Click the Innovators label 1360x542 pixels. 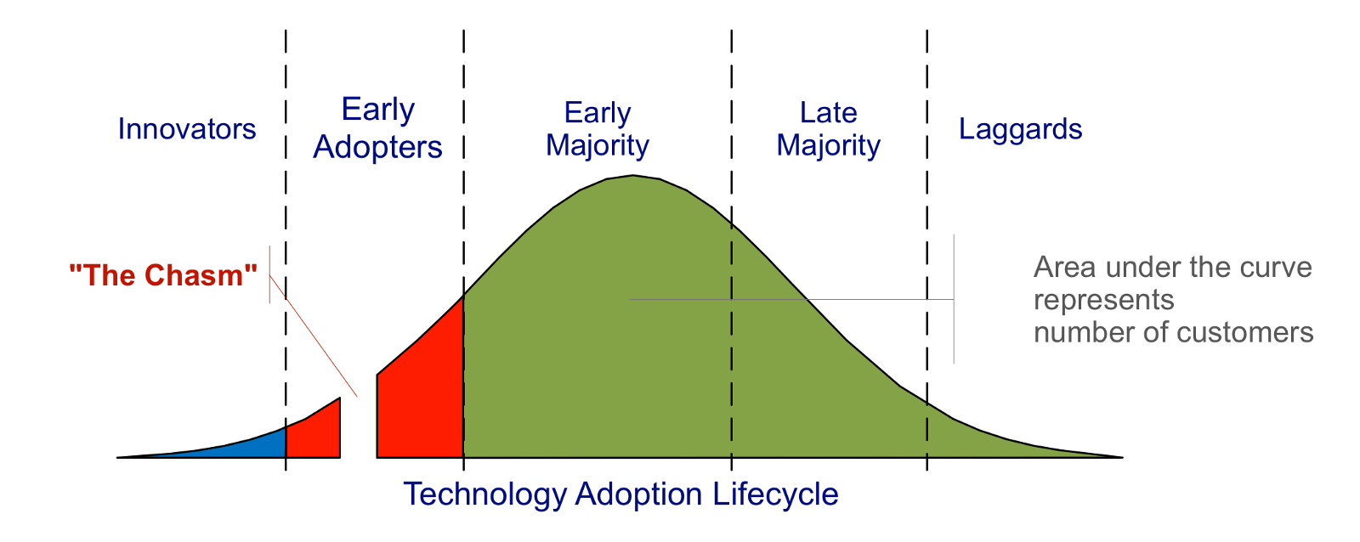(x=186, y=129)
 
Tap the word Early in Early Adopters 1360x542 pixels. (x=377, y=110)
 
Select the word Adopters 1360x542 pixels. (x=377, y=147)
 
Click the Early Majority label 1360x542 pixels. (x=597, y=128)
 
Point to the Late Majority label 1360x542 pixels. (x=828, y=128)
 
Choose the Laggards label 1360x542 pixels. (x=1020, y=129)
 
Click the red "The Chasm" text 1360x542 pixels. (x=162, y=275)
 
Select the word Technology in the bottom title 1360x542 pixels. (x=484, y=494)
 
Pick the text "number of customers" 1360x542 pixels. (x=1173, y=332)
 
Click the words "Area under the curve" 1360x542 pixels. (x=1173, y=268)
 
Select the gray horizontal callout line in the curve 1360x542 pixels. (x=790, y=299)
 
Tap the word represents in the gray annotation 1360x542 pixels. (x=1103, y=300)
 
